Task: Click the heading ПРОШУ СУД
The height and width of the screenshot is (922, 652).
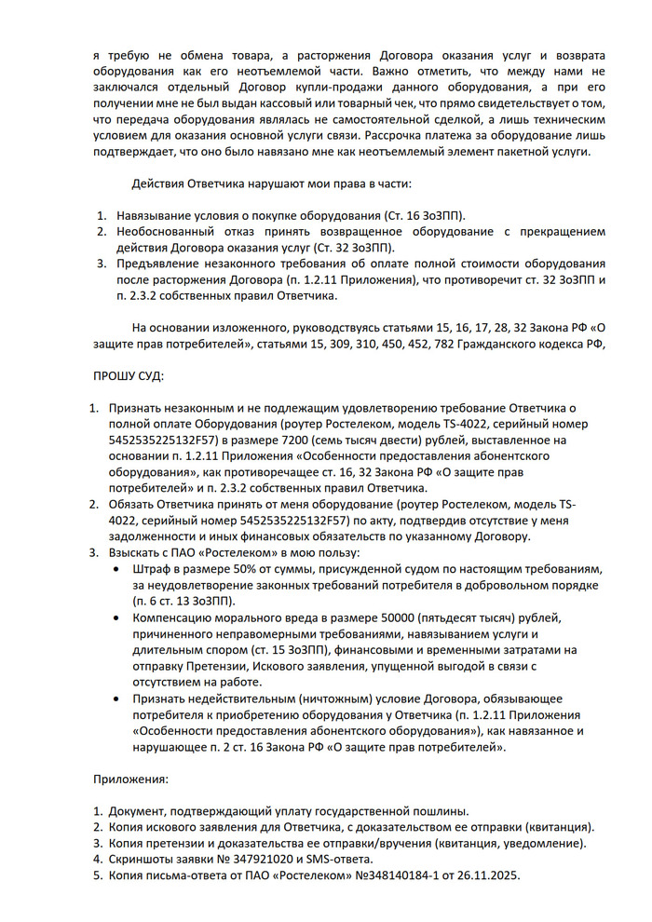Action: click(129, 376)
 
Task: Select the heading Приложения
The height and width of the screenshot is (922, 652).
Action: click(131, 776)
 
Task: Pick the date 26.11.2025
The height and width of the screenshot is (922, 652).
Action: click(488, 876)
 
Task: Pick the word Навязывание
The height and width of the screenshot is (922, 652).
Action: click(155, 215)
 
